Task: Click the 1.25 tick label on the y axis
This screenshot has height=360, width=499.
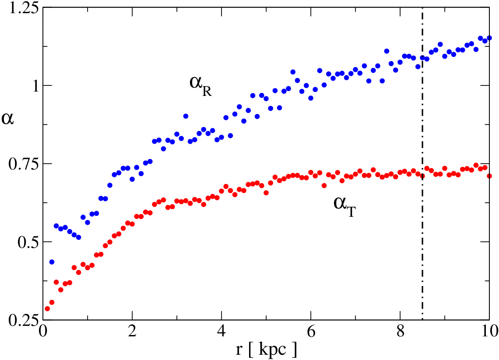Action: click(x=21, y=7)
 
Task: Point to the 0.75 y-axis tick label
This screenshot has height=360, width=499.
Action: click(x=21, y=164)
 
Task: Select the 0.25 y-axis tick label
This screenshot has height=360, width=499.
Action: click(x=21, y=320)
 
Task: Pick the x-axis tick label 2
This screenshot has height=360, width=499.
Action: click(x=132, y=332)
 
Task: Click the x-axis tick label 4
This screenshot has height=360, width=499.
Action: click(x=221, y=332)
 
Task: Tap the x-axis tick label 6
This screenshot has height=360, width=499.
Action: click(x=311, y=332)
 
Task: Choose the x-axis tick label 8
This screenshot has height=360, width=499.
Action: click(x=401, y=332)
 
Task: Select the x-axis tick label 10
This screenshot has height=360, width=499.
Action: click(x=489, y=332)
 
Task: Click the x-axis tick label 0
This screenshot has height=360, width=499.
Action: click(x=42, y=332)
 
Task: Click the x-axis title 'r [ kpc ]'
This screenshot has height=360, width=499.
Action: click(x=266, y=349)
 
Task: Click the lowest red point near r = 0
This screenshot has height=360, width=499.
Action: click(x=47, y=308)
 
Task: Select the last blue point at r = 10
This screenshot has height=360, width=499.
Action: click(x=489, y=38)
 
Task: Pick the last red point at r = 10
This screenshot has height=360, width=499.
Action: click(x=489, y=176)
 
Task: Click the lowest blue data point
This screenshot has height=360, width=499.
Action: click(x=52, y=262)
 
